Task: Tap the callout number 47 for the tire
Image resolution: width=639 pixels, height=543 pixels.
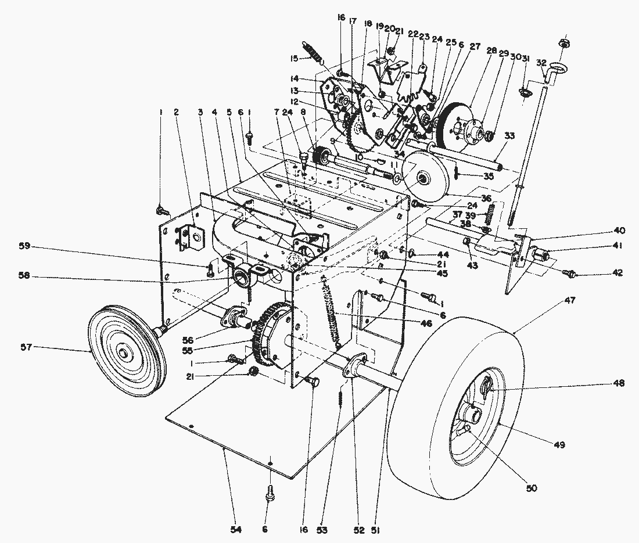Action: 570,301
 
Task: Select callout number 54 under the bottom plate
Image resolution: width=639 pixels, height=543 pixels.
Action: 235,530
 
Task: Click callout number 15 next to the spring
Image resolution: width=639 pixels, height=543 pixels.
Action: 295,59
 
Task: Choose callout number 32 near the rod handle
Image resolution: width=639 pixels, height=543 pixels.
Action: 541,62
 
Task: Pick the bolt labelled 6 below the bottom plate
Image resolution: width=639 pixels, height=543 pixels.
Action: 271,494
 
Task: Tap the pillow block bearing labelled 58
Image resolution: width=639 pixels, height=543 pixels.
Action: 243,278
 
